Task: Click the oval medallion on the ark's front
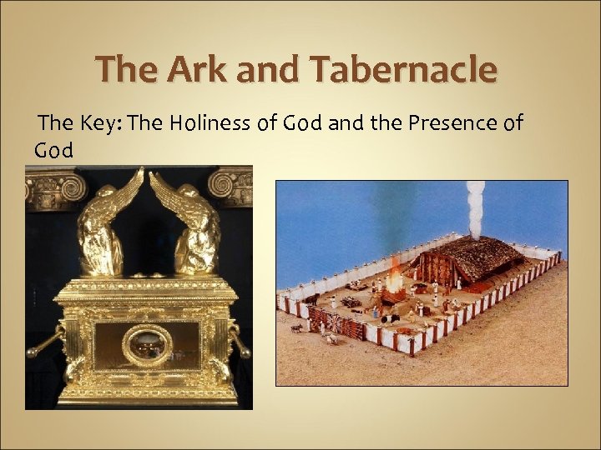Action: pos(147,345)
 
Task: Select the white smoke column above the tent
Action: pos(475,208)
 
